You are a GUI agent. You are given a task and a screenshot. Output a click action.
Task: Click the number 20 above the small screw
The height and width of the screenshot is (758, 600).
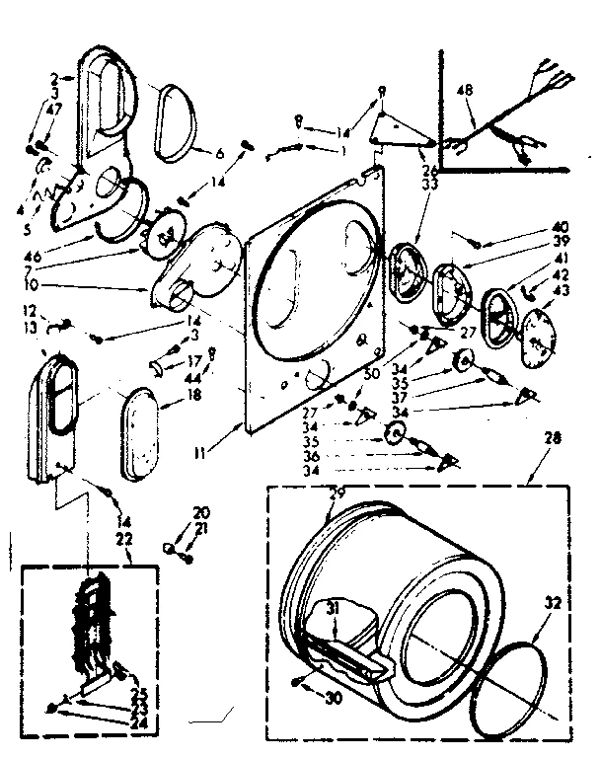(x=202, y=513)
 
